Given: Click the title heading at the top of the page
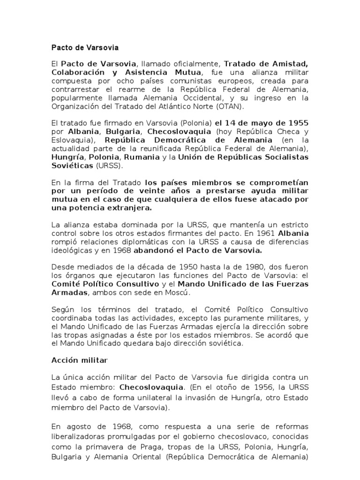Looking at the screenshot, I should [85, 48].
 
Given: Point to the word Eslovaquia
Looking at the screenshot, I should [69, 140].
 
